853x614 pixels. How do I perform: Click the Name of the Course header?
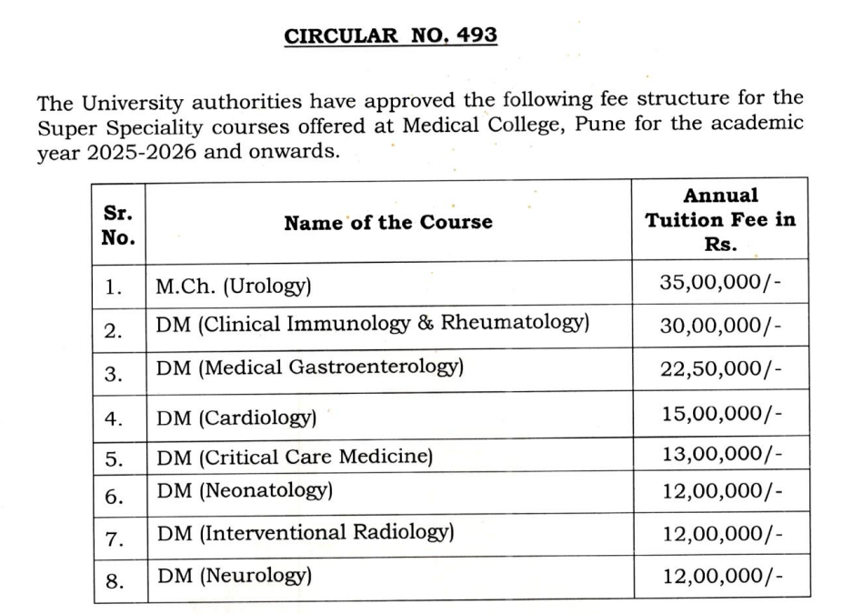(387, 222)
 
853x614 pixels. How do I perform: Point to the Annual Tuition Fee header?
(719, 220)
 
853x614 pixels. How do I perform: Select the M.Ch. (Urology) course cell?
(234, 287)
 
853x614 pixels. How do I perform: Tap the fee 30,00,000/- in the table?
(720, 325)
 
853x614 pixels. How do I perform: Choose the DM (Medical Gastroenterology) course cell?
(310, 367)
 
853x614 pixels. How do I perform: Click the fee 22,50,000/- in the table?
(720, 367)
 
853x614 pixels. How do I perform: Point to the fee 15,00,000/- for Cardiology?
(720, 415)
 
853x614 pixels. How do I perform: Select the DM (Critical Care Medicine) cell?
(294, 457)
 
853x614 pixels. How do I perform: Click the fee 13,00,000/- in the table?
(720, 453)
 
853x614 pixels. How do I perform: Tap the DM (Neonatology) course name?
(245, 491)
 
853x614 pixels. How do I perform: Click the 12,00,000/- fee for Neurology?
(720, 577)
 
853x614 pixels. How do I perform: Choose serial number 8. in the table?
(115, 581)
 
